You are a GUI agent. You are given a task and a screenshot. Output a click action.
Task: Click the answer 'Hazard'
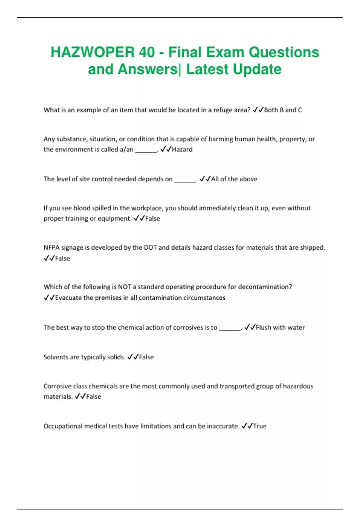(182, 149)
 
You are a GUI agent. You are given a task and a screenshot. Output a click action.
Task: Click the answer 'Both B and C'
(283, 110)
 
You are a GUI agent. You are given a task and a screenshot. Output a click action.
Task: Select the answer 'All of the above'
(234, 179)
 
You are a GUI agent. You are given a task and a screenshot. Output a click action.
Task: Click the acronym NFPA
(52, 248)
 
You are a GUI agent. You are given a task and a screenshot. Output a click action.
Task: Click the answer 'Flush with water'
(280, 328)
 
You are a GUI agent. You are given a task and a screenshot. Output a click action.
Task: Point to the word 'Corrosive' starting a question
(58, 386)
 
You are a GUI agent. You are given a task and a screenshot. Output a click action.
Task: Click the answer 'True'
(259, 426)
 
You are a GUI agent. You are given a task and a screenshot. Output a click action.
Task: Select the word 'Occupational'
(63, 426)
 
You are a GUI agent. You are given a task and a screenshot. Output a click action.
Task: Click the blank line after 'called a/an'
(146, 151)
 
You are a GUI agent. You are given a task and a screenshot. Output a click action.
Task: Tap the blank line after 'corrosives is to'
(230, 329)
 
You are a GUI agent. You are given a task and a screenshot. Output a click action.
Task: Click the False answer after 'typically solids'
(146, 357)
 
